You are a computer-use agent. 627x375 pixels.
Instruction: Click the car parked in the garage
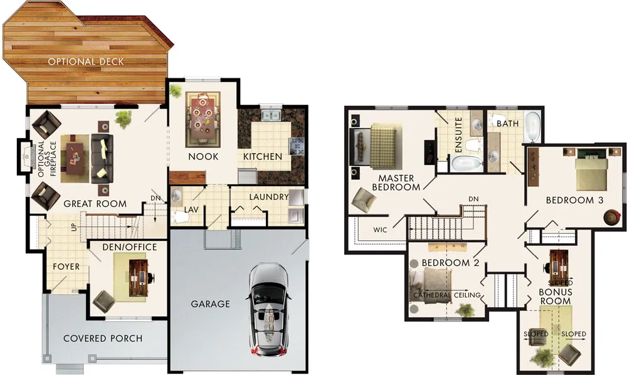269,309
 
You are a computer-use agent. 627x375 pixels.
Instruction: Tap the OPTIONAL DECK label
86,61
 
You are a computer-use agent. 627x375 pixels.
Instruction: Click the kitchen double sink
271,115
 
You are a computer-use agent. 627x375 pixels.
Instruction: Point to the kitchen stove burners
297,146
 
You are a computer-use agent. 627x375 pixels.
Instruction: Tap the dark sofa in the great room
102,159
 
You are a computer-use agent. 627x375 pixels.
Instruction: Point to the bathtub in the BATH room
532,127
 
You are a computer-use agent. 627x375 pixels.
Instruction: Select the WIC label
380,230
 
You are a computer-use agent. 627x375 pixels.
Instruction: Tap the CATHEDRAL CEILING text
447,295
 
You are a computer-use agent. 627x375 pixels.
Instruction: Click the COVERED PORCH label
103,339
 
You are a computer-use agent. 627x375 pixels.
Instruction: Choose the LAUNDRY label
269,197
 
